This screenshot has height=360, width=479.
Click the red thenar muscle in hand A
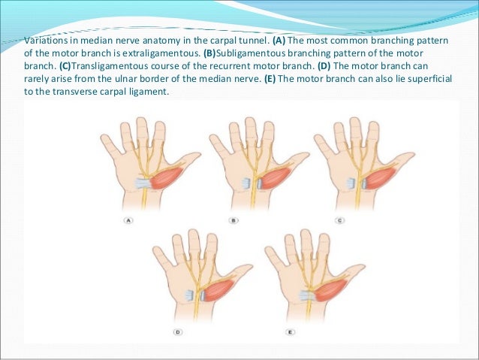[170, 180]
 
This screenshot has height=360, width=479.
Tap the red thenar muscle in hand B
[277, 179]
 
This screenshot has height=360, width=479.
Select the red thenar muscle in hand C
[381, 179]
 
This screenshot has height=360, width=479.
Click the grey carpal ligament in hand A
[142, 183]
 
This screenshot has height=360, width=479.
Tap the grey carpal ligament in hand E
[306, 295]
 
